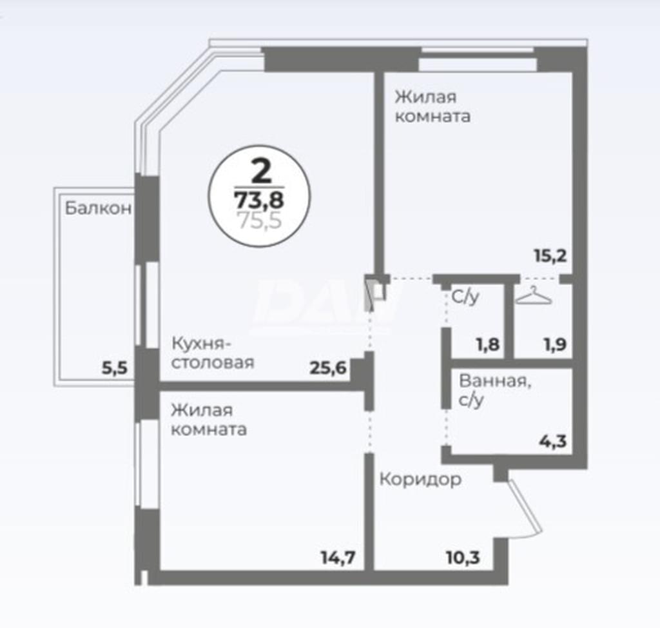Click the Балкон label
pyautogui.click(x=99, y=208)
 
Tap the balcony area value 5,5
pyautogui.click(x=115, y=368)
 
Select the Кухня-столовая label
pyautogui.click(x=213, y=353)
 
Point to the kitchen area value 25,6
pyautogui.click(x=328, y=368)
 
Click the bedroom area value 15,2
pyautogui.click(x=550, y=255)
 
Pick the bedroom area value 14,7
pyautogui.click(x=338, y=558)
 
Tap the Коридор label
pyautogui.click(x=420, y=479)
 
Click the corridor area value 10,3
pyautogui.click(x=463, y=558)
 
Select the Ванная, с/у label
pyautogui.click(x=495, y=390)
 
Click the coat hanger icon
pyautogui.click(x=534, y=295)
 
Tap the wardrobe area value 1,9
pyautogui.click(x=556, y=344)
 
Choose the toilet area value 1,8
pyautogui.click(x=489, y=344)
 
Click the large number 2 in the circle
pyautogui.click(x=261, y=171)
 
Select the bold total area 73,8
pyautogui.click(x=259, y=200)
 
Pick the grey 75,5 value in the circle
pyautogui.click(x=260, y=221)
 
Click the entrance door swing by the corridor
pyautogui.click(x=525, y=509)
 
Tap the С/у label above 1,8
pyautogui.click(x=465, y=297)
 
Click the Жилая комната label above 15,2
pyautogui.click(x=432, y=106)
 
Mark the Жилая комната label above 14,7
pyautogui.click(x=209, y=420)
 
